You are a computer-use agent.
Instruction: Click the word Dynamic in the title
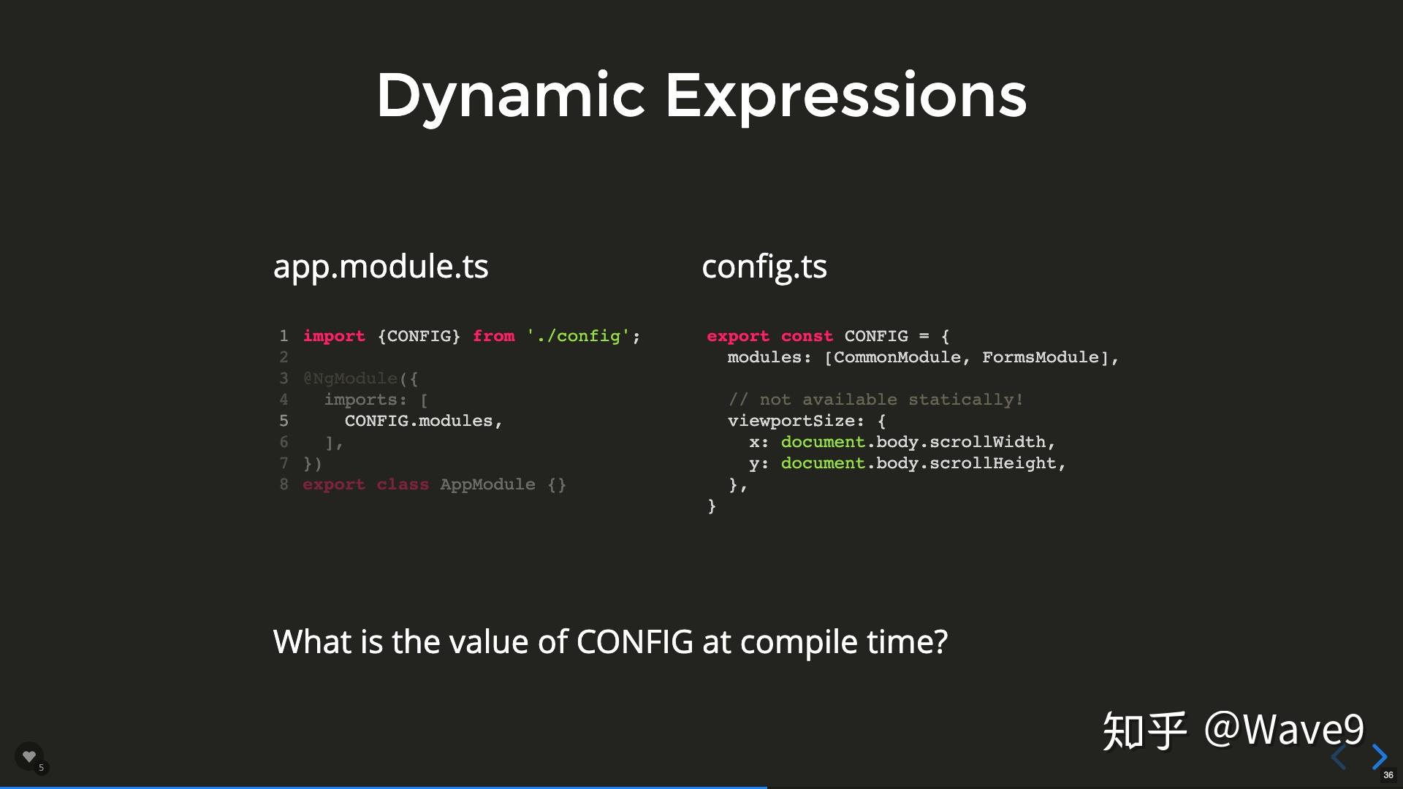[x=511, y=96]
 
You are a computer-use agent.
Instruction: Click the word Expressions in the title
[x=846, y=95]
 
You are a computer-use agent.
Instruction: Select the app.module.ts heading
[x=381, y=267]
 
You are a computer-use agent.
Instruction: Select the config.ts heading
[x=764, y=267]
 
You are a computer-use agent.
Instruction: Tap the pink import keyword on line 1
[x=334, y=336]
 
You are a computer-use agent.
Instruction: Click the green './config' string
[x=578, y=336]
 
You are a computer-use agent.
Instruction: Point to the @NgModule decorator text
[x=350, y=378]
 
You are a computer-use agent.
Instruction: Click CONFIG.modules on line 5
[x=419, y=421]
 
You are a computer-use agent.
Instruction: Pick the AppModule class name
[x=487, y=484]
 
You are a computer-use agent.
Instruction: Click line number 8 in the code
[x=284, y=484]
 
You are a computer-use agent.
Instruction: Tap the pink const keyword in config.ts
[x=807, y=336]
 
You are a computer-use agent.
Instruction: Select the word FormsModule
[x=1041, y=357]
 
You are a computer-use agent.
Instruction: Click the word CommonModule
[x=897, y=357]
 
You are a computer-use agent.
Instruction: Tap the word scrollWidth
[x=987, y=442]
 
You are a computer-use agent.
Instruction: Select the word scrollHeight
[x=993, y=463]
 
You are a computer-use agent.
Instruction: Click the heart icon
[x=29, y=756]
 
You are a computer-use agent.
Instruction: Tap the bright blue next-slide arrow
[x=1380, y=757]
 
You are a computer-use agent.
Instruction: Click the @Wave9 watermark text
[x=1284, y=729]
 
